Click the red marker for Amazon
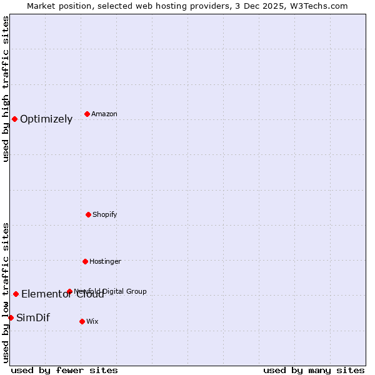[87, 114]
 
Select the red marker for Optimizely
[14, 119]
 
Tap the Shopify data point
[88, 214]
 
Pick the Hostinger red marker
[85, 261]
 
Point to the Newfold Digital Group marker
[69, 291]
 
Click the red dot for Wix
[82, 321]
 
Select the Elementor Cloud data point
[16, 294]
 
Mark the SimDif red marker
[11, 317]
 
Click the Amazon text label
[104, 114]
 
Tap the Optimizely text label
[46, 119]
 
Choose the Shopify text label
[105, 214]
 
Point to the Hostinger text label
[105, 261]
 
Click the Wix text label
[92, 321]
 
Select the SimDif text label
[33, 317]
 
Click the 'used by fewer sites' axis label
[64, 370]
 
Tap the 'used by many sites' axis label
[314, 370]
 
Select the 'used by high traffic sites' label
[6, 89]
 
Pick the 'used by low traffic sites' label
[6, 292]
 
